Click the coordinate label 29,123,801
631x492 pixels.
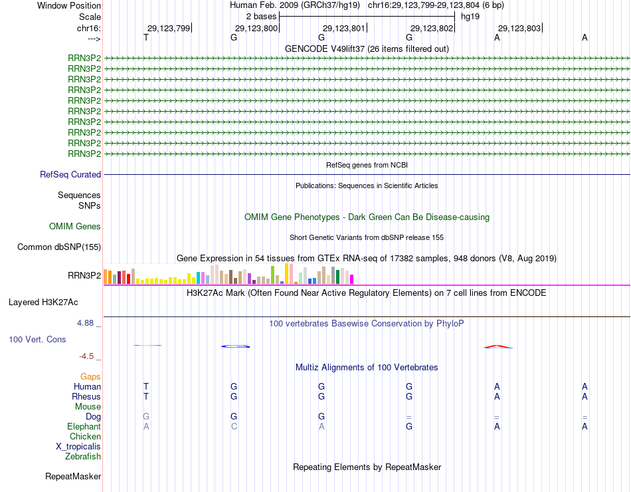344,28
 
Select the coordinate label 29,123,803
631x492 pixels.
519,28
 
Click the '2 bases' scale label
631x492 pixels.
261,16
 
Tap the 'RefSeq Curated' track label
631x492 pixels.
70,174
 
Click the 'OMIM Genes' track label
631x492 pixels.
75,227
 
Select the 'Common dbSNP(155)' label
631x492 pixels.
59,247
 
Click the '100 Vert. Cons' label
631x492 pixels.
37,339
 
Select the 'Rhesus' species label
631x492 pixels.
86,396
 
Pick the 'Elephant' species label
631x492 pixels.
84,426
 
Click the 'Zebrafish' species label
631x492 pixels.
83,457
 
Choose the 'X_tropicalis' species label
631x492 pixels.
78,447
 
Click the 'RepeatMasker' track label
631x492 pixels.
73,477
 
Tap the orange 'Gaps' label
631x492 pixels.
90,376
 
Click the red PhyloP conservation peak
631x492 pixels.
497,346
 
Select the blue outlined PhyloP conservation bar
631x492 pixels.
235,346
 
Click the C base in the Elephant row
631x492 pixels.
234,426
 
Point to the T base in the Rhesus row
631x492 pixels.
146,396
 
